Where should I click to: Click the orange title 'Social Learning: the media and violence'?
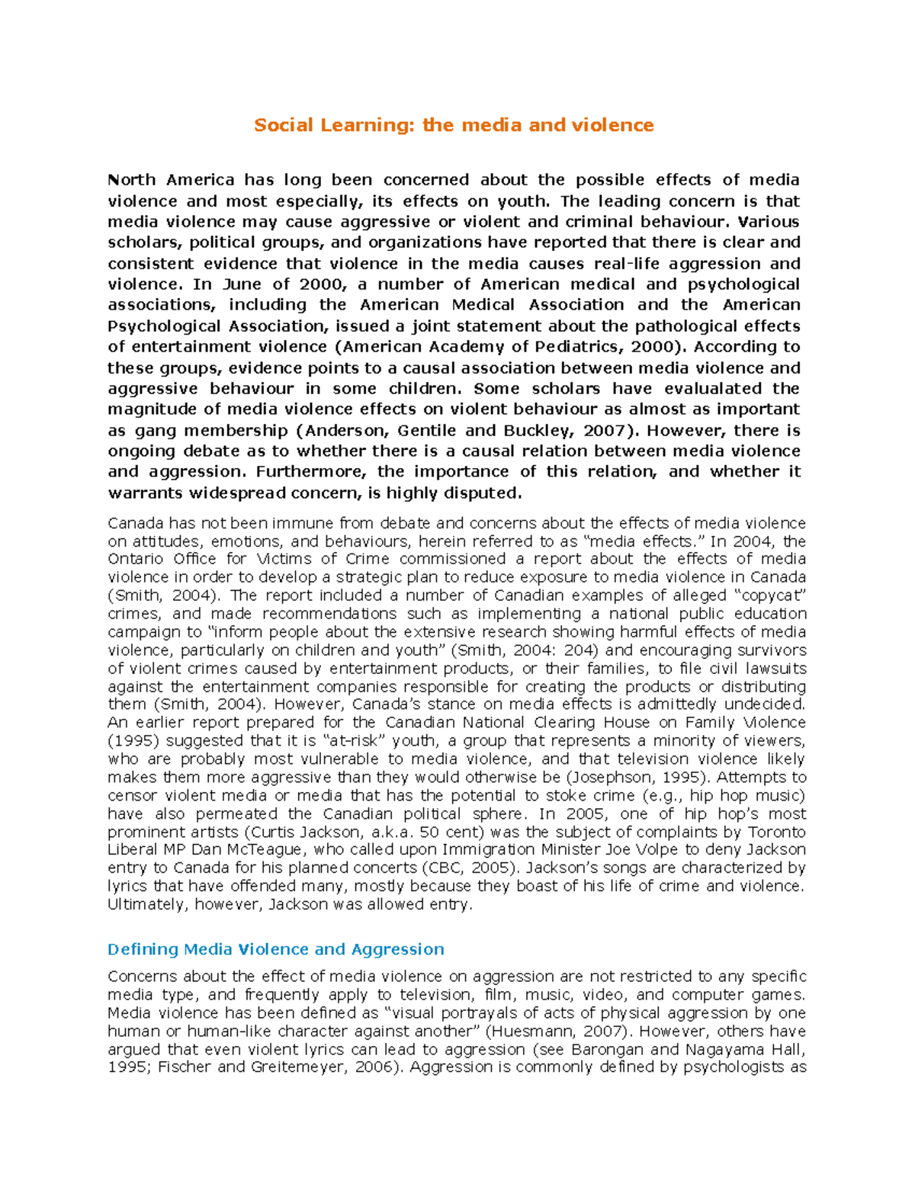coord(454,125)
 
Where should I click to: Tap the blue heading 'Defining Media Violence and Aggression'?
coord(275,949)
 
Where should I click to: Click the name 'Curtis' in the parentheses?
coord(274,832)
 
